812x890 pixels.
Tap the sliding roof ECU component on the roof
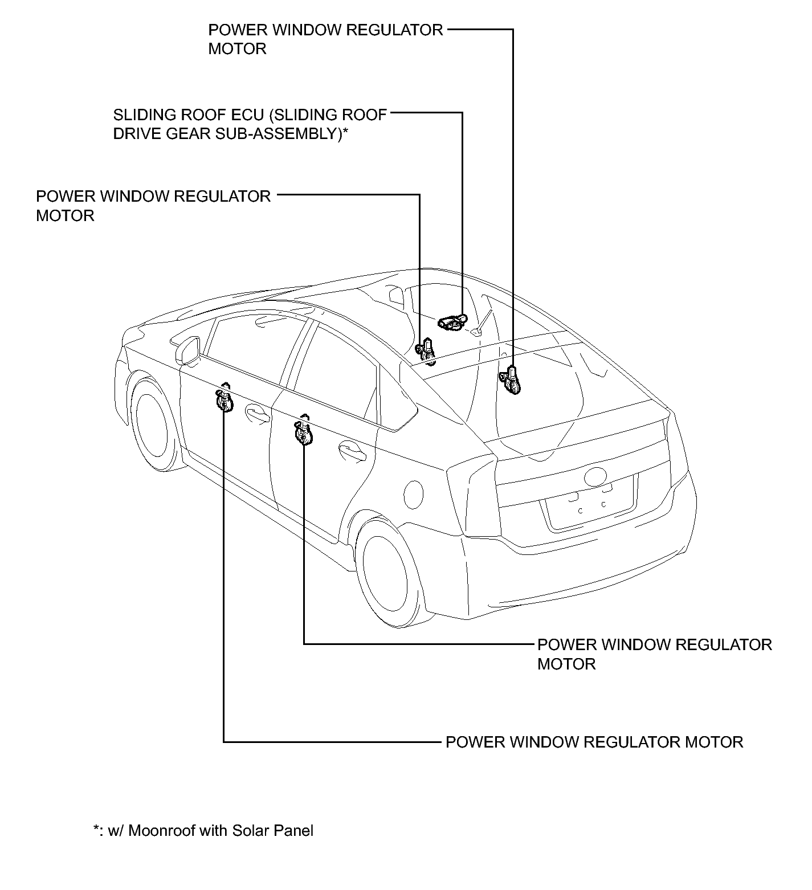click(x=452, y=322)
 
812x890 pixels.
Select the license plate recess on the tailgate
click(x=590, y=504)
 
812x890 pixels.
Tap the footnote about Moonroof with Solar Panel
click(x=203, y=830)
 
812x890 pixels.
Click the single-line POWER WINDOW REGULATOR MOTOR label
click(x=594, y=742)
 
